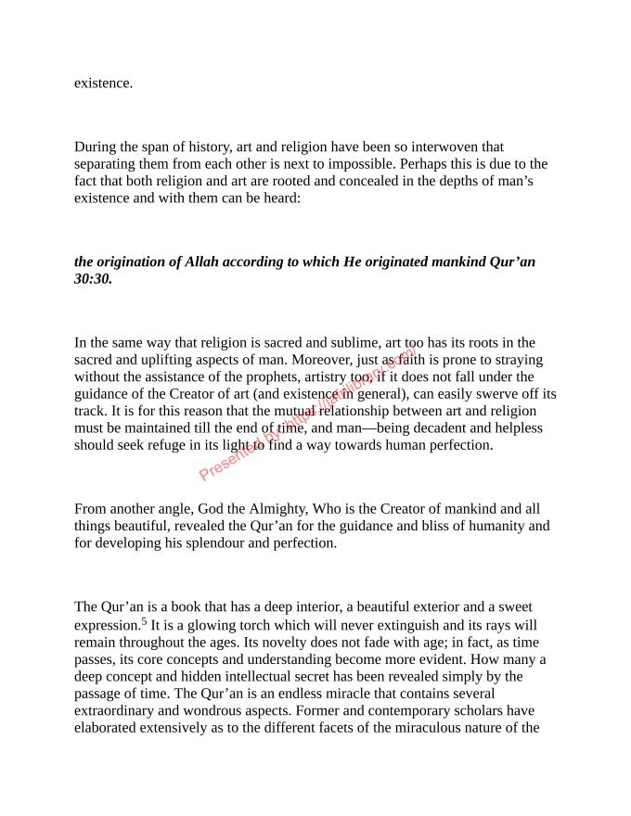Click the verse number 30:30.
click(x=93, y=278)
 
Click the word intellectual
click(x=264, y=676)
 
